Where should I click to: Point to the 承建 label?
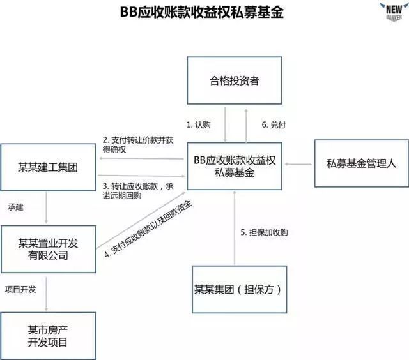(x=16, y=208)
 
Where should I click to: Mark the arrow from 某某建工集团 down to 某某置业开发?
(x=48, y=207)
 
